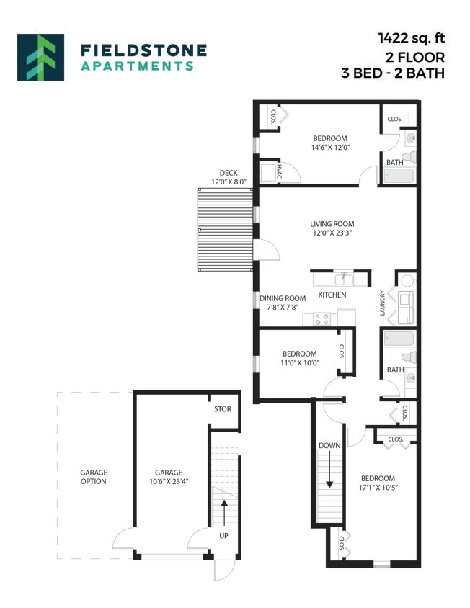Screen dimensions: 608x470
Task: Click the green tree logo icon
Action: [x=40, y=57]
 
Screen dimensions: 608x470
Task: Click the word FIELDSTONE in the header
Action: [x=143, y=50]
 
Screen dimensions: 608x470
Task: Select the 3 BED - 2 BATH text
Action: [x=393, y=73]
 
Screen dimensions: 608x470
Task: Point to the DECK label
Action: [x=229, y=173]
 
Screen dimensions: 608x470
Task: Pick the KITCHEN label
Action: [x=332, y=295]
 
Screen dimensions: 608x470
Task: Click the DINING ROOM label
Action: [x=283, y=298]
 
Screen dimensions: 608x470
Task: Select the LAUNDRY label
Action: [x=383, y=303]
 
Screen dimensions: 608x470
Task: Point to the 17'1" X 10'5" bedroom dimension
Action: [x=378, y=488]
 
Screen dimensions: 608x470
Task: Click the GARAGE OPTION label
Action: [x=93, y=477]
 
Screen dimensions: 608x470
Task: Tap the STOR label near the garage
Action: [x=222, y=409]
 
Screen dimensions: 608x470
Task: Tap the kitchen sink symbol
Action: [x=342, y=278]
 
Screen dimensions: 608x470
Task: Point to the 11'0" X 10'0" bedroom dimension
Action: [x=299, y=363]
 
